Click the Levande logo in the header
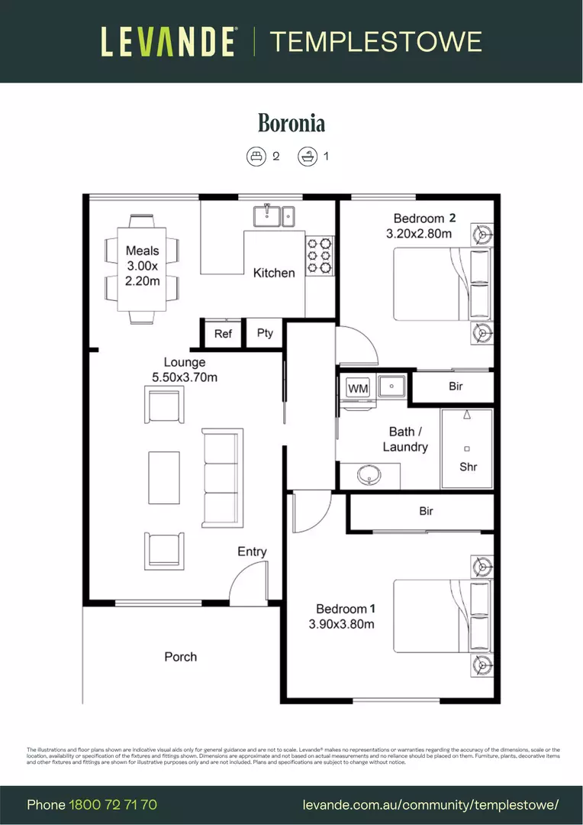[x=168, y=41]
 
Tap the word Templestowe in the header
[x=375, y=41]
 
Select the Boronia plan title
[x=291, y=123]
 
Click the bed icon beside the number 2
[x=256, y=157]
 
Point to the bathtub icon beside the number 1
[x=307, y=157]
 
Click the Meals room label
[x=143, y=251]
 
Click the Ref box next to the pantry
[x=223, y=334]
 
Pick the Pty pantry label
[x=265, y=333]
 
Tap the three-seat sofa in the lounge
[x=222, y=478]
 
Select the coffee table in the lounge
[x=164, y=478]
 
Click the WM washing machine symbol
[x=358, y=389]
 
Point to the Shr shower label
[x=468, y=467]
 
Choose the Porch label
[x=181, y=656]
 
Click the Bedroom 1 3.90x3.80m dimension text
[x=341, y=624]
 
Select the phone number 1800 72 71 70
[x=113, y=804]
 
